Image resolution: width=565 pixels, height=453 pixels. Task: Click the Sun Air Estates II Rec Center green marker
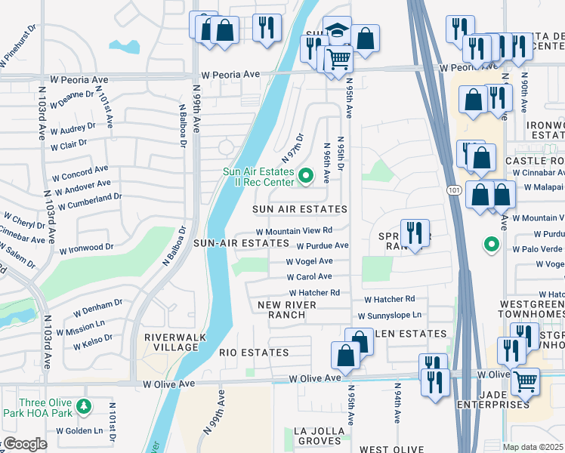306,177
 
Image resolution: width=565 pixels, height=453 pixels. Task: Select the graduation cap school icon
337,30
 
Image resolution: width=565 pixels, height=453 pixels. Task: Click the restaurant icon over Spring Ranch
415,233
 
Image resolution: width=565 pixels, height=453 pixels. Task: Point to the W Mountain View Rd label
294,231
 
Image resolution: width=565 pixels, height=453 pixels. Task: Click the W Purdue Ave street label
322,245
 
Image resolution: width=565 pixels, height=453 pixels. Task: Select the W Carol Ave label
308,276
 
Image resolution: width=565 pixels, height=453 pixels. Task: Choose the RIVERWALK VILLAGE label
171,342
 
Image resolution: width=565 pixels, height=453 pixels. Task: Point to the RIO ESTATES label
254,353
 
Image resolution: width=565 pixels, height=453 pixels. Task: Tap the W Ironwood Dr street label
86,247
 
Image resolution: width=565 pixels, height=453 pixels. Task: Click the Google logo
24,444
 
